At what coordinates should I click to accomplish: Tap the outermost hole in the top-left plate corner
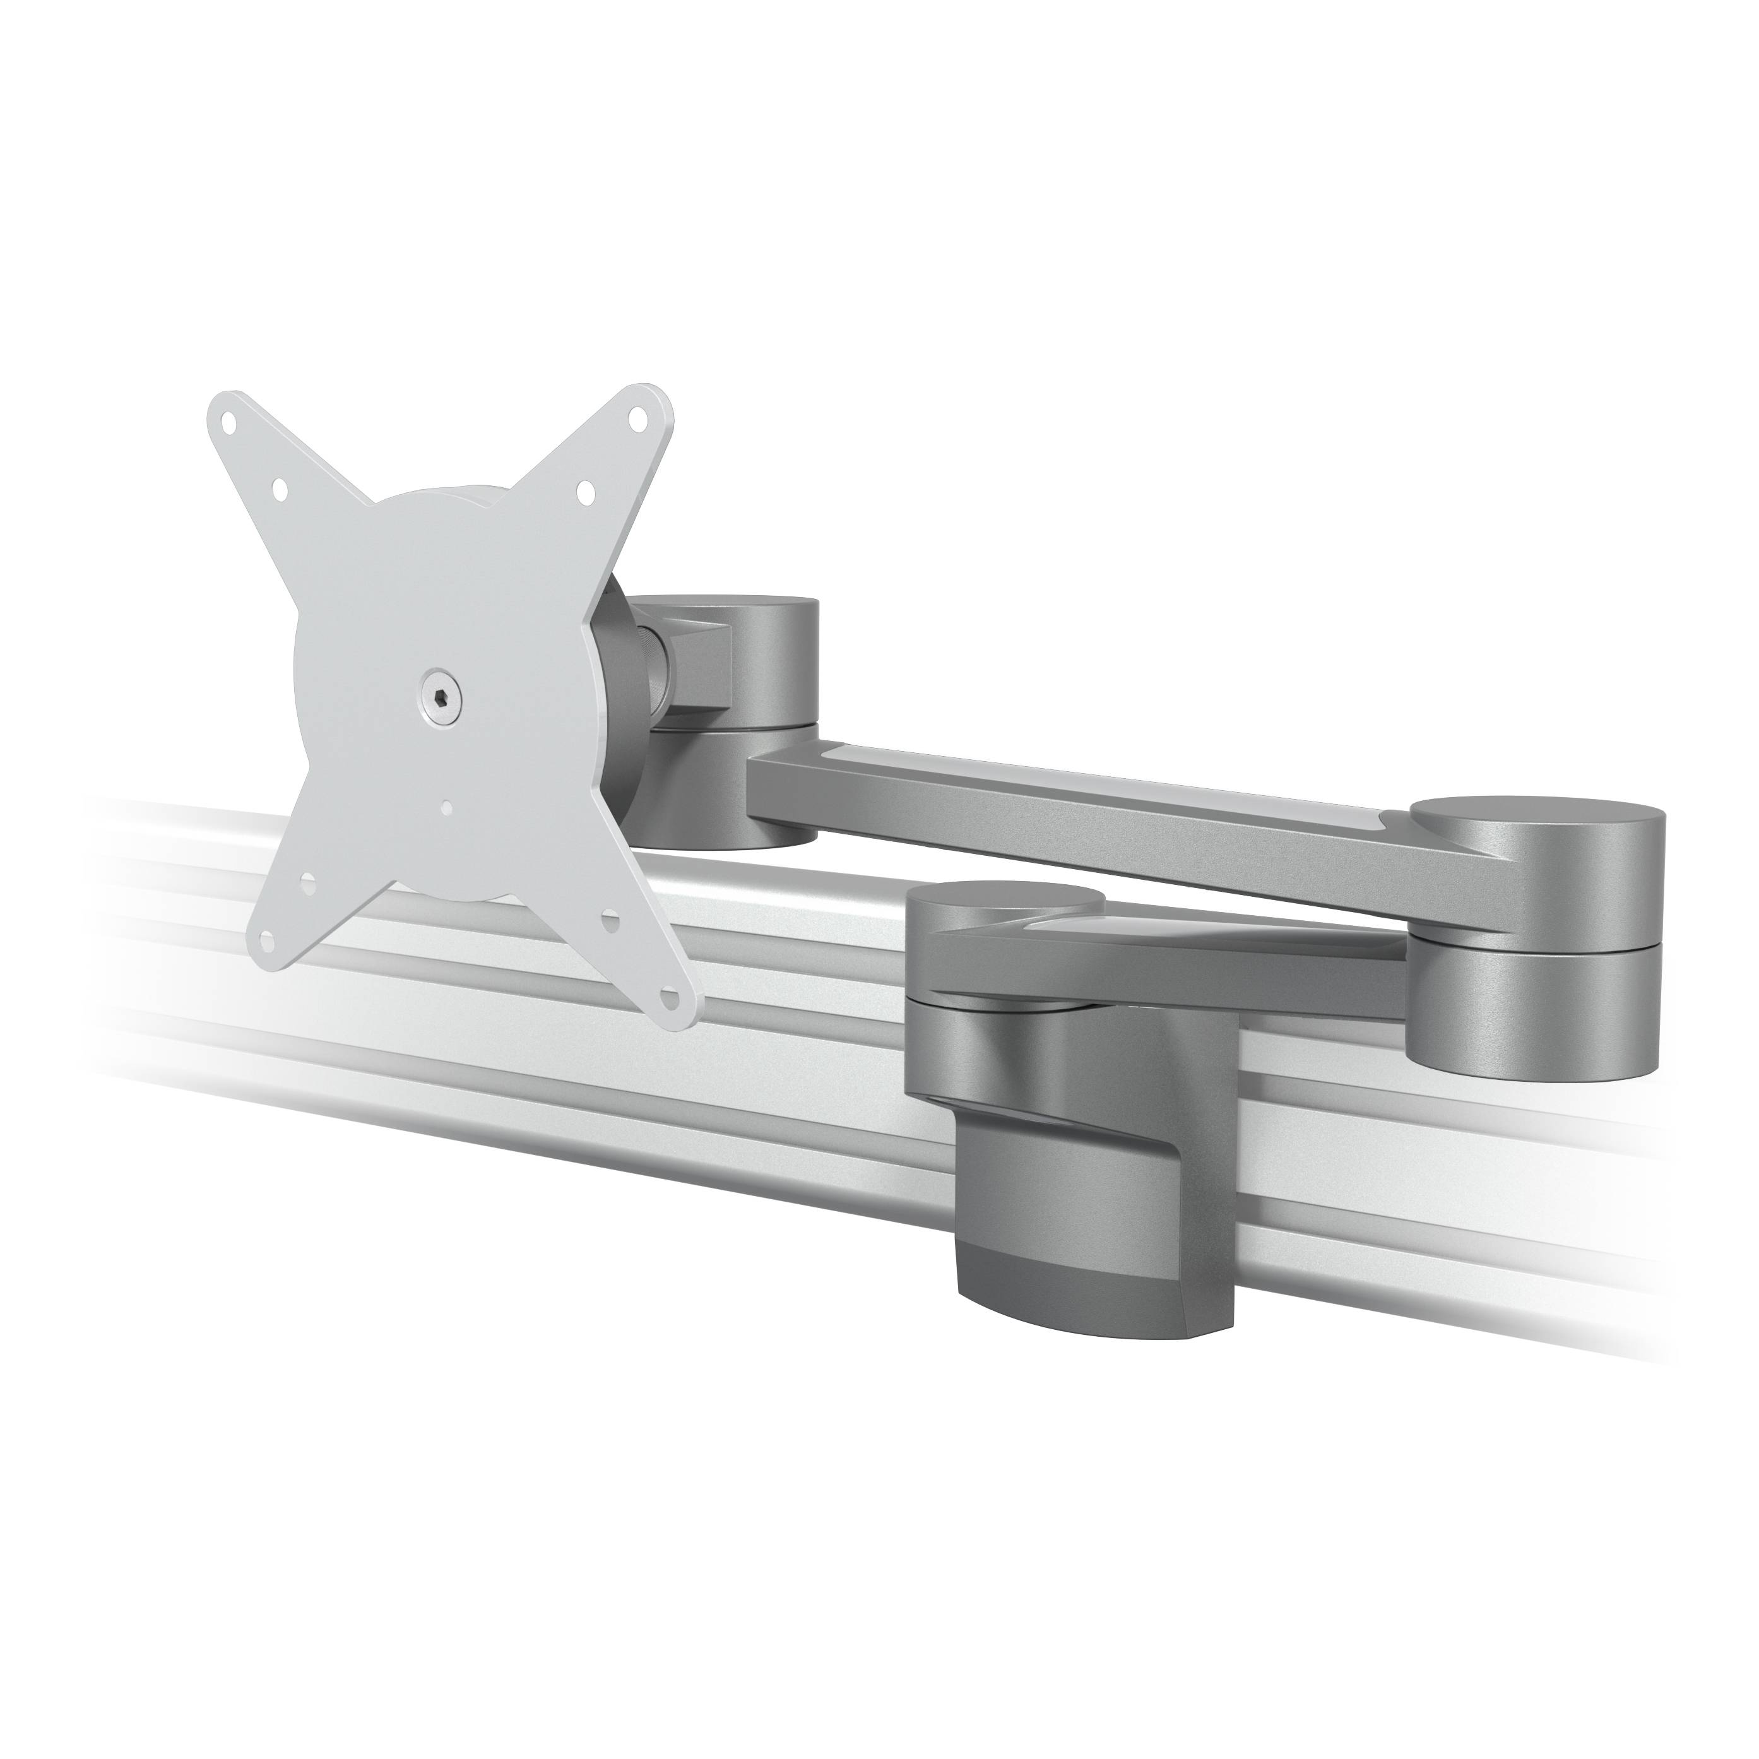coord(233,423)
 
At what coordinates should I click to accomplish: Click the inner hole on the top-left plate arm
coord(280,491)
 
